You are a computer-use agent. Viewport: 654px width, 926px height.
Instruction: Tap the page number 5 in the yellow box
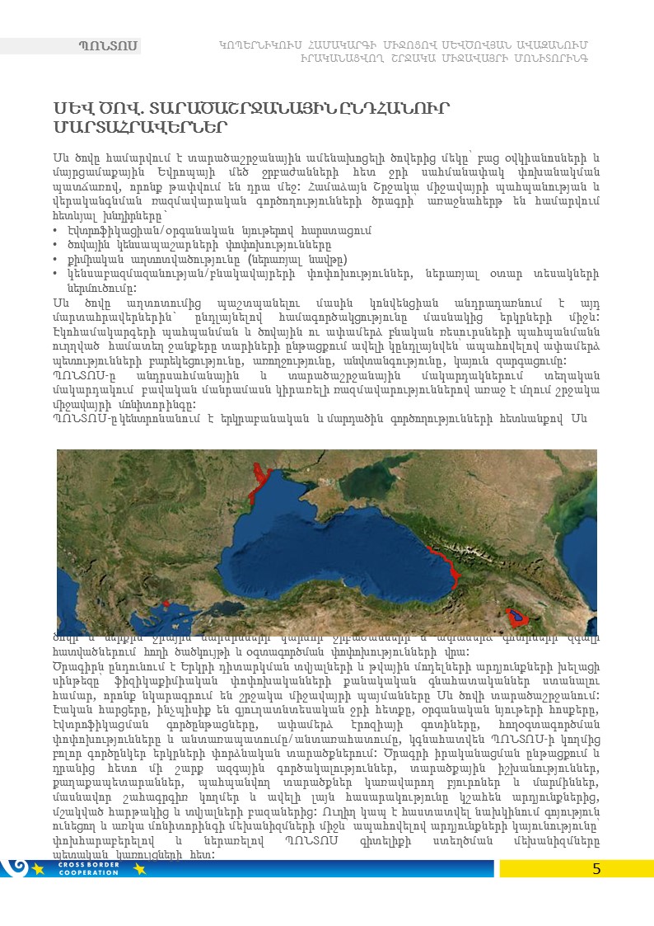(x=596, y=869)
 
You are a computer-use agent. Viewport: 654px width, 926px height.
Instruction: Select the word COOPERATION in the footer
(x=95, y=872)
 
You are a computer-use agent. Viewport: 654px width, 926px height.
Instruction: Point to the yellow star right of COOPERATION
(x=138, y=869)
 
